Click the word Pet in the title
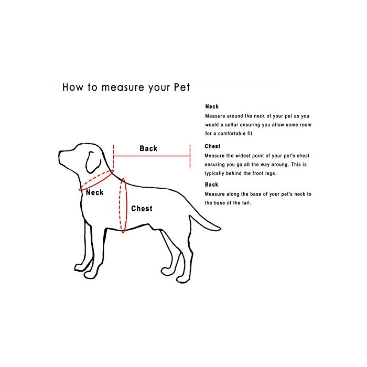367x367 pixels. pos(182,87)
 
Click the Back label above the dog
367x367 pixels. pos(148,148)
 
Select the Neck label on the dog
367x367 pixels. pos(94,192)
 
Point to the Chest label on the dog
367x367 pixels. pos(142,209)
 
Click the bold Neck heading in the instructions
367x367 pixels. pos(212,106)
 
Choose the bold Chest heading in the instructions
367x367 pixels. pos(212,146)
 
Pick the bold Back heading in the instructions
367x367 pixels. pos(211,185)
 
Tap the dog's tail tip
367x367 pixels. pos(220,229)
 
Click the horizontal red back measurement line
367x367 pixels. pos(152,156)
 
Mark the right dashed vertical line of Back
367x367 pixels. pos(190,156)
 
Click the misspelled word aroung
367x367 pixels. pos(280,165)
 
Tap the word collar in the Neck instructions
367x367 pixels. pos(232,125)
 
